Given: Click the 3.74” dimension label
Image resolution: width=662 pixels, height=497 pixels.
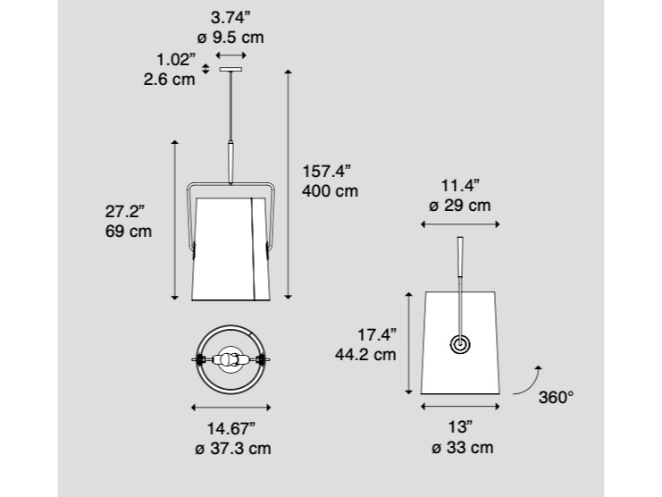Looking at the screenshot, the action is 230,18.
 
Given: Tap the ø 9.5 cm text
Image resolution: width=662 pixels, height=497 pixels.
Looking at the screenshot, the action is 230,38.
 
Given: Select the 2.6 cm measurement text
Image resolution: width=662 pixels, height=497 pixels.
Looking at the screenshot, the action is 170,80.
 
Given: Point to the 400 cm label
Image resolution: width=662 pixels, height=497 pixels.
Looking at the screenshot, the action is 331,191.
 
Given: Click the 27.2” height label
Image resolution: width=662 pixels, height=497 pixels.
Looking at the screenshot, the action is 125,211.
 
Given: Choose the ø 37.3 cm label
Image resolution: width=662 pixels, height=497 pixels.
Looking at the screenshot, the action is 233,448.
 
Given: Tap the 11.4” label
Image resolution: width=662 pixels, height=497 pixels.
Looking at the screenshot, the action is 461,185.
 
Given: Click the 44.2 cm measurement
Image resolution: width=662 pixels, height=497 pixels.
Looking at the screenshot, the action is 365,354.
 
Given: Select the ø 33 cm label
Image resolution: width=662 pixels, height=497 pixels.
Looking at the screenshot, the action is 462,447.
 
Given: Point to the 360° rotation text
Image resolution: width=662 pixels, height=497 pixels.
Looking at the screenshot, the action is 556,398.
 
